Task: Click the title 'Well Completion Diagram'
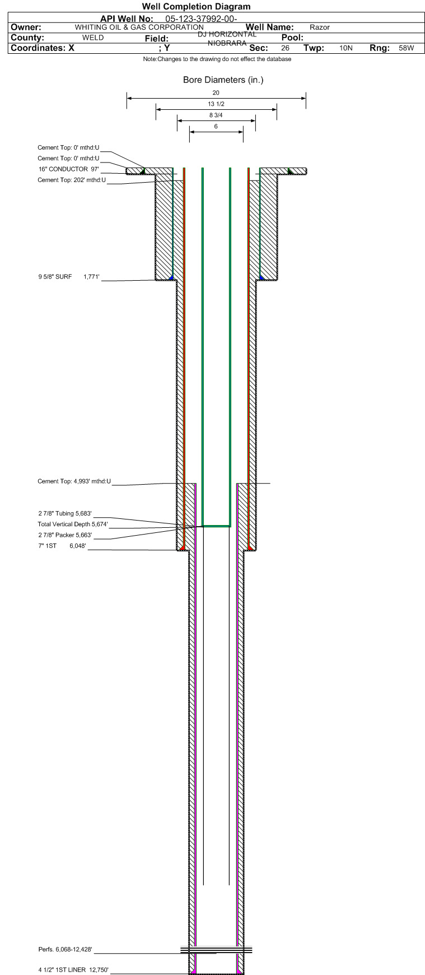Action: click(x=196, y=7)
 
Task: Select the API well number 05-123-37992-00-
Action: click(x=202, y=18)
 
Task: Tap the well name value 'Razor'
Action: click(x=320, y=27)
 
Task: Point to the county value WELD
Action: click(x=93, y=38)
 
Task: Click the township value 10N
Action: click(x=346, y=48)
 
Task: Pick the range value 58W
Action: click(x=407, y=48)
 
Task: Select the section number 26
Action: click(x=286, y=48)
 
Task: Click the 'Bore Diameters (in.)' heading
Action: click(x=223, y=80)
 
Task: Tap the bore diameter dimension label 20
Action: click(x=216, y=92)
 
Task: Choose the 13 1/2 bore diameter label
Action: click(x=216, y=104)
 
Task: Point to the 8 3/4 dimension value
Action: click(x=216, y=115)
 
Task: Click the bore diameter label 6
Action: click(x=216, y=126)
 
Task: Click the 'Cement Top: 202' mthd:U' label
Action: click(x=72, y=180)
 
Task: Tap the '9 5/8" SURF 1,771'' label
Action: click(x=69, y=276)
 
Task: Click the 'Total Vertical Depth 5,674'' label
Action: click(x=73, y=524)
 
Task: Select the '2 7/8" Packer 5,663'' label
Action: click(x=65, y=535)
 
